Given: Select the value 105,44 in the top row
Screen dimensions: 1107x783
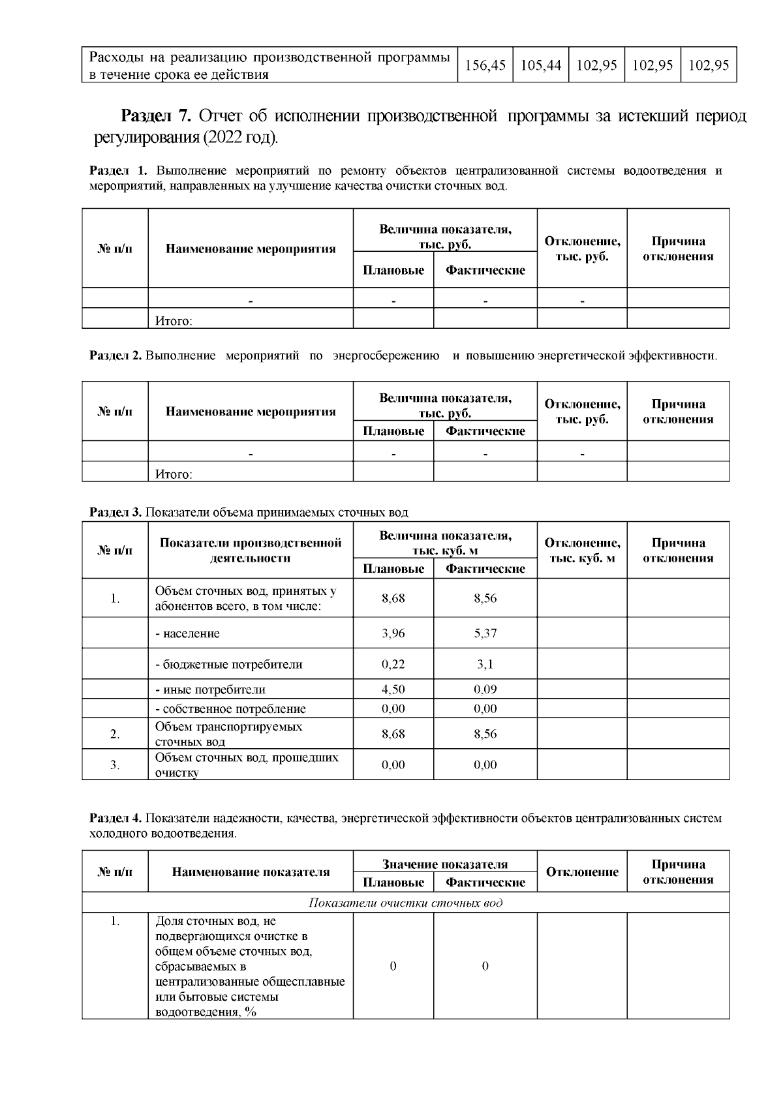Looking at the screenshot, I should click(x=541, y=65).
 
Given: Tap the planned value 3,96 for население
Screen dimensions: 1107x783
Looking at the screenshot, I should click(x=393, y=633).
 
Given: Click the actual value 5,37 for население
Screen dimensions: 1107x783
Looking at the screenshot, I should click(x=485, y=633).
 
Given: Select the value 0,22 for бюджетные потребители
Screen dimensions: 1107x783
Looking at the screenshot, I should click(x=393, y=665).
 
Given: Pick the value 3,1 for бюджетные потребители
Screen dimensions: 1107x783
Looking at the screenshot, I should click(x=485, y=665).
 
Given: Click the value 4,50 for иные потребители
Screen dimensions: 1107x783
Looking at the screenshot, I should click(x=393, y=690).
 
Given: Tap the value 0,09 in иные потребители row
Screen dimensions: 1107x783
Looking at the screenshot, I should click(x=485, y=690).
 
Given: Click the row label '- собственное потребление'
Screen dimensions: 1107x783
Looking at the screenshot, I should click(x=230, y=709).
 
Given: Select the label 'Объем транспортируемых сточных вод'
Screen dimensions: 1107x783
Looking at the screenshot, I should click(x=228, y=734).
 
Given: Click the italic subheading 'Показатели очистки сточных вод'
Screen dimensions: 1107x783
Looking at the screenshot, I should click(x=405, y=903).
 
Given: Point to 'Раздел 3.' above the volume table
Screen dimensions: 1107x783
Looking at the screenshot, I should click(x=115, y=513).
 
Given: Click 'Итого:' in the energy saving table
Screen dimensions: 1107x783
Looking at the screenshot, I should click(x=174, y=474).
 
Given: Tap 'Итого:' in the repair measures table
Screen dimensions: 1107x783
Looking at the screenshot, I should click(x=174, y=321).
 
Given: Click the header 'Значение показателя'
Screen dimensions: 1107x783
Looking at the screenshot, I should click(x=445, y=864).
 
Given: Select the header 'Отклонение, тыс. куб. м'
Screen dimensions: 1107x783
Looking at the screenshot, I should click(x=582, y=551).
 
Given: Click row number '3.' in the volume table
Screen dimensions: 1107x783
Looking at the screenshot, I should click(x=115, y=765).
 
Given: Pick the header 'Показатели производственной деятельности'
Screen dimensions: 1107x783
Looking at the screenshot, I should click(x=251, y=551).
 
